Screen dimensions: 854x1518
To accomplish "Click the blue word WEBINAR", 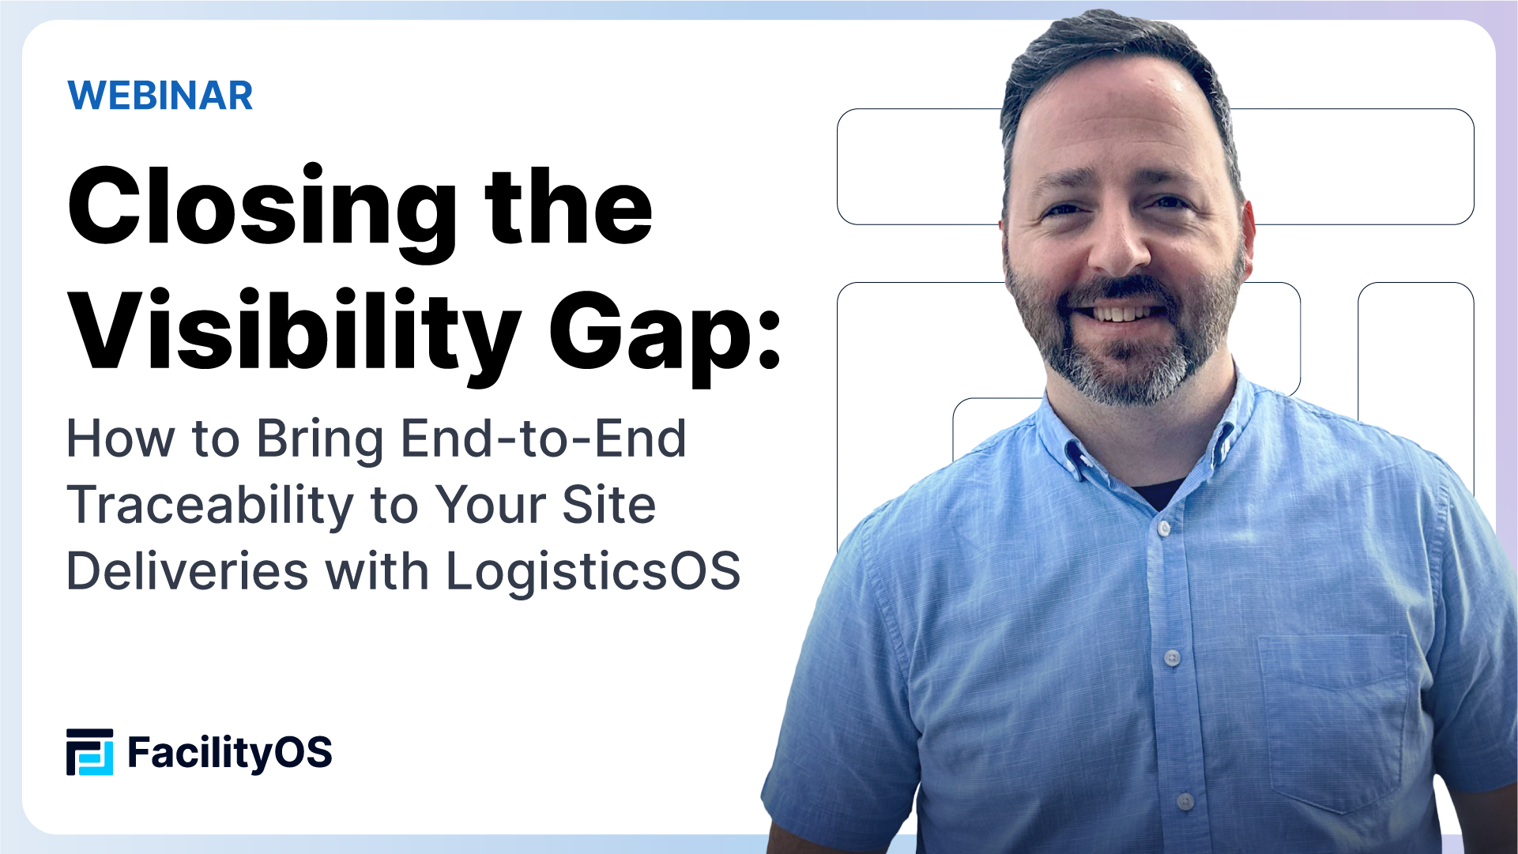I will coord(160,96).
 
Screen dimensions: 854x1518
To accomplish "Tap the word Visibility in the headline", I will coord(294,332).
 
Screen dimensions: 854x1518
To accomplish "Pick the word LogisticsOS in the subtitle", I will coord(593,571).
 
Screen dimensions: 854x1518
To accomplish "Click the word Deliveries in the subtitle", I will coord(187,571).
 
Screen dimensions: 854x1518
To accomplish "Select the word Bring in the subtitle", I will coord(320,440).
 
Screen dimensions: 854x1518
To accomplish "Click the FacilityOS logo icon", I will coord(89,752).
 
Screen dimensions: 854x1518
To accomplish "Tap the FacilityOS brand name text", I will coord(229,752).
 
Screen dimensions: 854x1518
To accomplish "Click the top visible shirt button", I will coord(1163,528).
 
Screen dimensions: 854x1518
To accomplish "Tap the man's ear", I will coord(1248,229).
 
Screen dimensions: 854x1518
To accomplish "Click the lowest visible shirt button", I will coord(1185,802).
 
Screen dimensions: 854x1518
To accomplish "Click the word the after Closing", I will coord(569,207).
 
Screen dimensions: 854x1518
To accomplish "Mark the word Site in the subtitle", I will coord(608,506).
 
